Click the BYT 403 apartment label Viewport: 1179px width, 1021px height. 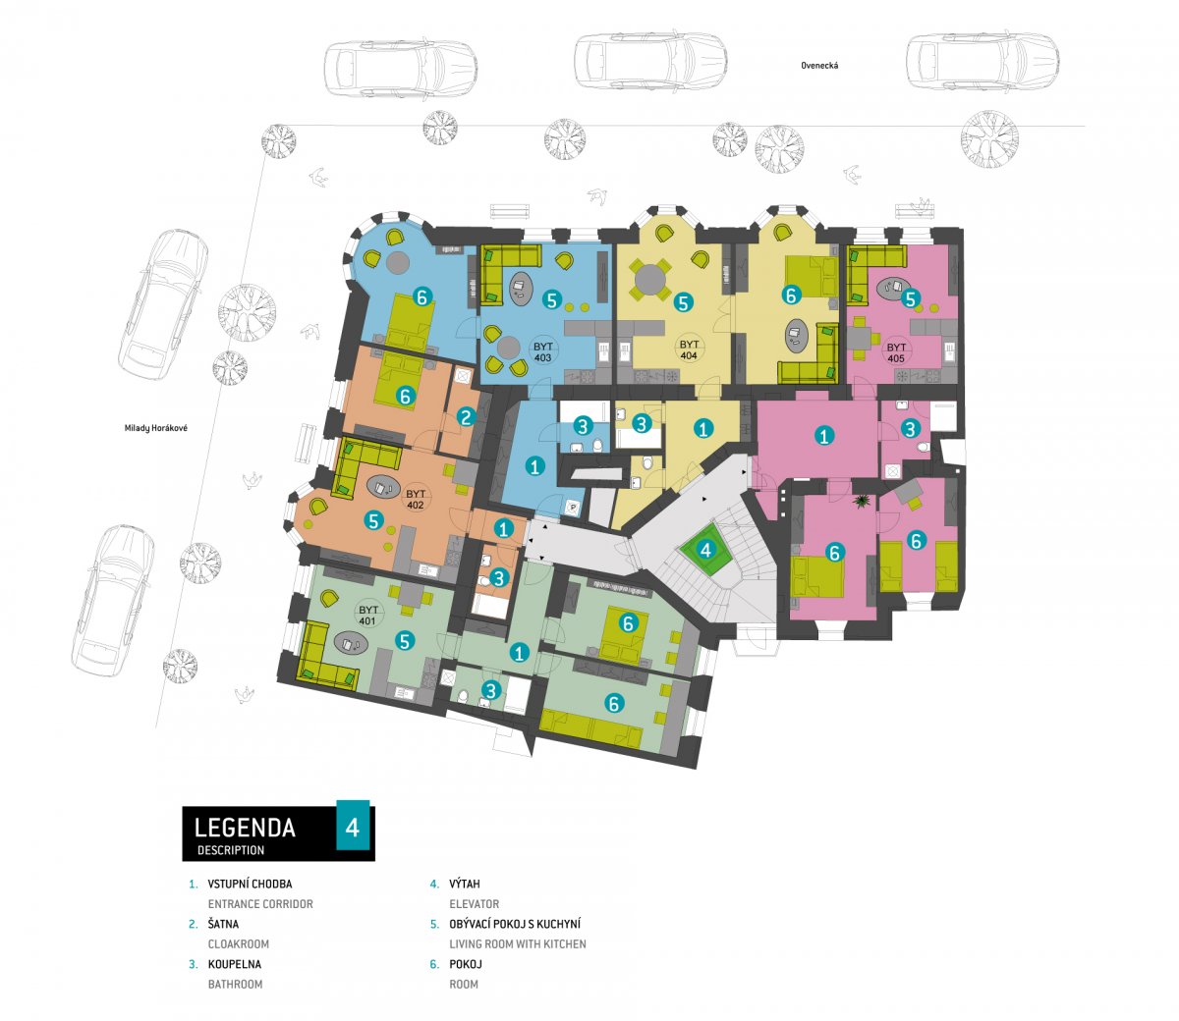click(542, 351)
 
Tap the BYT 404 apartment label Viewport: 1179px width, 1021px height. click(689, 350)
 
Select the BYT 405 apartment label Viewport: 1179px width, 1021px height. click(896, 352)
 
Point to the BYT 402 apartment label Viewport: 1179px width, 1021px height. click(416, 500)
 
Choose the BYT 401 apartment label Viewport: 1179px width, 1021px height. click(367, 616)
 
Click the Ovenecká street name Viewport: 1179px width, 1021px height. click(819, 66)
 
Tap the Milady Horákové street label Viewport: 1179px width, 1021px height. click(155, 428)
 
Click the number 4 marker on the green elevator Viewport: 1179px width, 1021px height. click(706, 550)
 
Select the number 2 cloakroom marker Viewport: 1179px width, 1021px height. click(466, 418)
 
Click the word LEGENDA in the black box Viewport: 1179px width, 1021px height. click(245, 828)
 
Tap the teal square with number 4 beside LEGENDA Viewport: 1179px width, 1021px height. click(353, 826)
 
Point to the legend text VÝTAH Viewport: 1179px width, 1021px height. click(465, 885)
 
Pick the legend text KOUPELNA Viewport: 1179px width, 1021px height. click(235, 964)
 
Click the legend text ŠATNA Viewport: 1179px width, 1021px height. click(223, 924)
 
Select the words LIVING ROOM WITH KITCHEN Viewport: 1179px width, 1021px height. click(518, 944)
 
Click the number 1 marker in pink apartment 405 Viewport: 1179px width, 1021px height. click(823, 436)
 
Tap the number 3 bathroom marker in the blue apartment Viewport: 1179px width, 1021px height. click(583, 426)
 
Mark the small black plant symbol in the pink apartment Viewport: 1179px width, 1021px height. click(862, 501)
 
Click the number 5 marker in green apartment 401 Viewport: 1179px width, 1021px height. click(405, 641)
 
